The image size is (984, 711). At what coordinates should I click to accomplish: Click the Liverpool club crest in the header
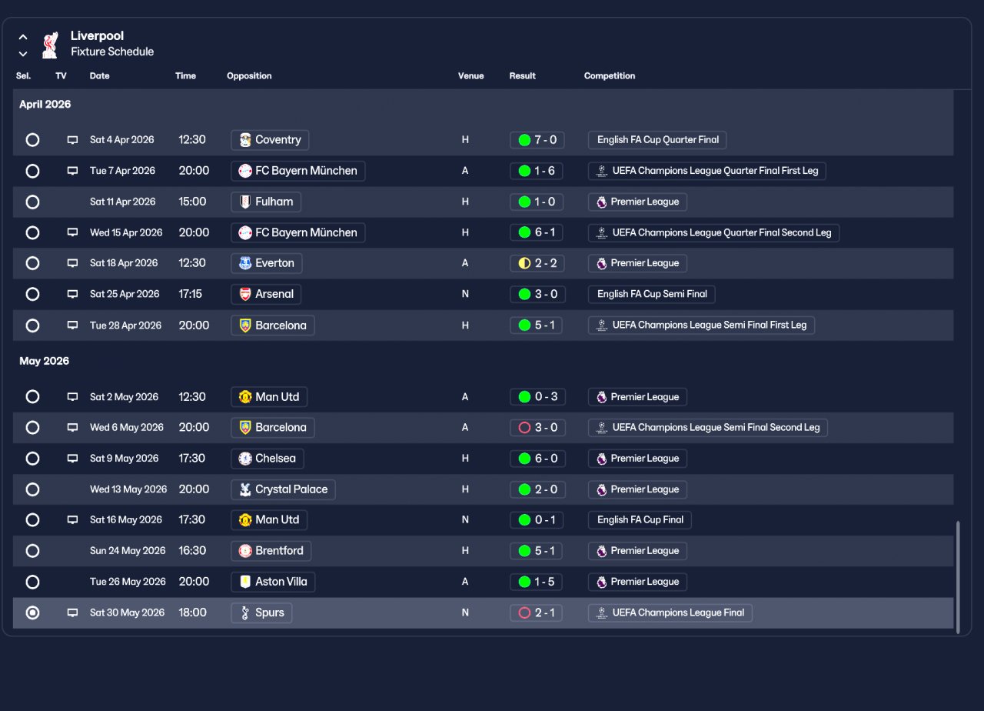pyautogui.click(x=50, y=45)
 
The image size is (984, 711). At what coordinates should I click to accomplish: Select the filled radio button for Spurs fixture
pyautogui.click(x=32, y=613)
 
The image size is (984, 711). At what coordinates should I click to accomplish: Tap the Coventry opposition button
pyautogui.click(x=270, y=140)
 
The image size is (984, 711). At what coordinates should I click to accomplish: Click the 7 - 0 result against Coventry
pyautogui.click(x=537, y=140)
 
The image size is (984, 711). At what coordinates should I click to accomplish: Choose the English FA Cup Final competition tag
pyautogui.click(x=640, y=520)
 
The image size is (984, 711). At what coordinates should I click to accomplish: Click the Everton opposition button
pyautogui.click(x=266, y=263)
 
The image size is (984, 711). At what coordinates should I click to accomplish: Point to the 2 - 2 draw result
pyautogui.click(x=537, y=263)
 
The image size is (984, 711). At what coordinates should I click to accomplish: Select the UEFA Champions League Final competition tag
pyautogui.click(x=670, y=613)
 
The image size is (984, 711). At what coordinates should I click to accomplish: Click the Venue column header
pyautogui.click(x=470, y=76)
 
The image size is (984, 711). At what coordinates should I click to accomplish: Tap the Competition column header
pyautogui.click(x=609, y=76)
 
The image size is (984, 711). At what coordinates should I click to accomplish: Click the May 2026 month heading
pyautogui.click(x=45, y=362)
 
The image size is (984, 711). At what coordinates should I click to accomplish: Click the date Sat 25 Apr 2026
pyautogui.click(x=125, y=294)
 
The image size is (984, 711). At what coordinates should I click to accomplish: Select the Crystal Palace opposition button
pyautogui.click(x=283, y=489)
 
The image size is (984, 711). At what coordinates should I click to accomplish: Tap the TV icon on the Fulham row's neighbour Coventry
pyautogui.click(x=72, y=140)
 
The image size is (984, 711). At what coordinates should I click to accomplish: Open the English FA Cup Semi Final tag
pyautogui.click(x=651, y=294)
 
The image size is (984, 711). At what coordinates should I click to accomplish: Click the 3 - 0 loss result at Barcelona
pyautogui.click(x=537, y=428)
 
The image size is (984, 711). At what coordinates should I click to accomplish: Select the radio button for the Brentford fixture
pyautogui.click(x=32, y=551)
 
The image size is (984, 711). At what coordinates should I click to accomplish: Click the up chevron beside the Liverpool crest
pyautogui.click(x=23, y=37)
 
